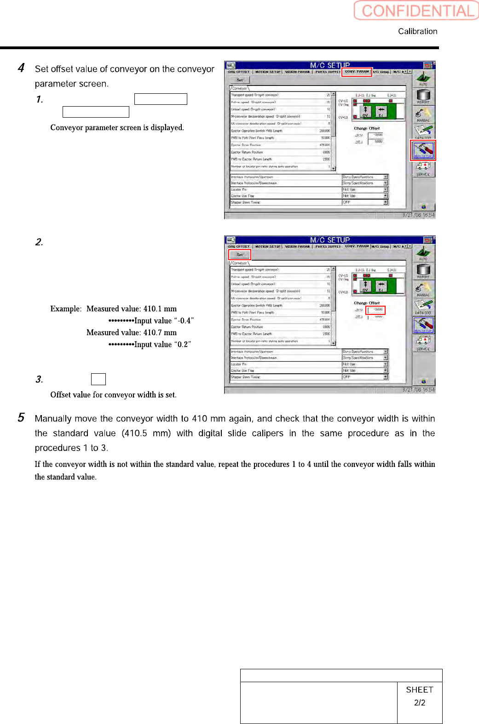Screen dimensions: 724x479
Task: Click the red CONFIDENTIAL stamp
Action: [416, 11]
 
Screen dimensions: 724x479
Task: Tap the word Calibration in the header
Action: [417, 31]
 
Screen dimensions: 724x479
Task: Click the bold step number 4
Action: [21, 68]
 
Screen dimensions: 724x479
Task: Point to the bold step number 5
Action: [21, 417]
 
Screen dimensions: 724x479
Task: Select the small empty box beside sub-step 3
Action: [98, 379]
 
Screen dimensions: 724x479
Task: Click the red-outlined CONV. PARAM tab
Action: [357, 72]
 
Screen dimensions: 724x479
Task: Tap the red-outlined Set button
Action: [240, 255]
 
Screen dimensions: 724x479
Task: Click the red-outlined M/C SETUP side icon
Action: [423, 150]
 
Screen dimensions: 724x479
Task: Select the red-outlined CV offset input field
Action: [375, 310]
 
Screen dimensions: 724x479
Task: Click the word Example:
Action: [66, 309]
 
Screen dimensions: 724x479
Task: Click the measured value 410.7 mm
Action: [160, 333]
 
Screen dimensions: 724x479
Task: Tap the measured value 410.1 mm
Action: [160, 309]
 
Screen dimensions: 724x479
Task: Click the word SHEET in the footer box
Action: [420, 690]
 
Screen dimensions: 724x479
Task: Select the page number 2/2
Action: [420, 703]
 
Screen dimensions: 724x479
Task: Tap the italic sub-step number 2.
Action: [39, 242]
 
